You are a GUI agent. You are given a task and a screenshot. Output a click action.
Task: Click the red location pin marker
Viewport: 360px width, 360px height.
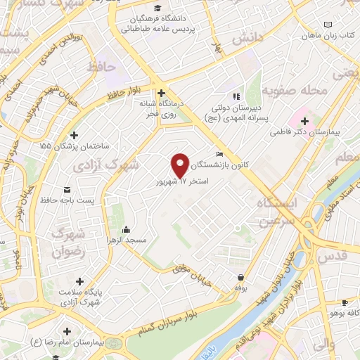181,165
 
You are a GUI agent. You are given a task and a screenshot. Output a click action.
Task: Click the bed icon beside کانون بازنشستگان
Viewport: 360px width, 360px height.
220,155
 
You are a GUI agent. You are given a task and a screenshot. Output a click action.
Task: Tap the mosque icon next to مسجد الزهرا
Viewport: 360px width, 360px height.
125,228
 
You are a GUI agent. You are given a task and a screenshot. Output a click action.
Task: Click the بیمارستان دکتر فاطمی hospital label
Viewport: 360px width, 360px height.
321,131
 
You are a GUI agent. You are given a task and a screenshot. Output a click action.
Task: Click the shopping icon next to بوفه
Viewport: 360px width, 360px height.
242,278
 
